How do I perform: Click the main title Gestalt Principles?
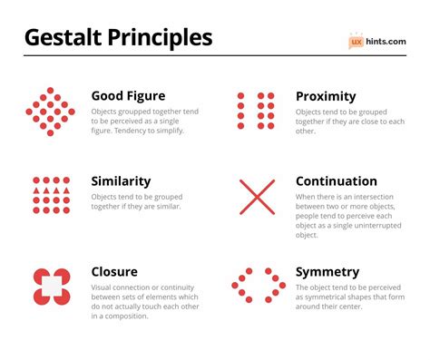[x=118, y=37]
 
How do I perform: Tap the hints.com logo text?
[x=386, y=41]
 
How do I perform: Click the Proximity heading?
[x=326, y=96]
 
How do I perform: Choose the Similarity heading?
[x=122, y=181]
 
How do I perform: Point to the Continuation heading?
[x=337, y=181]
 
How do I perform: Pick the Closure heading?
[x=115, y=271]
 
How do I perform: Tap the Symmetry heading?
[x=327, y=271]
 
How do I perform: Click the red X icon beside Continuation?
[x=257, y=197]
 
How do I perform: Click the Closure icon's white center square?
[x=52, y=287]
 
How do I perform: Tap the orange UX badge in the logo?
[x=357, y=41]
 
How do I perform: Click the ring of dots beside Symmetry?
[x=258, y=285]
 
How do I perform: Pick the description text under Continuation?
[x=348, y=216]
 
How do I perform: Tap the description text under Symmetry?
[x=348, y=300]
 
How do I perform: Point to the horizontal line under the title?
[x=215, y=56]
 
